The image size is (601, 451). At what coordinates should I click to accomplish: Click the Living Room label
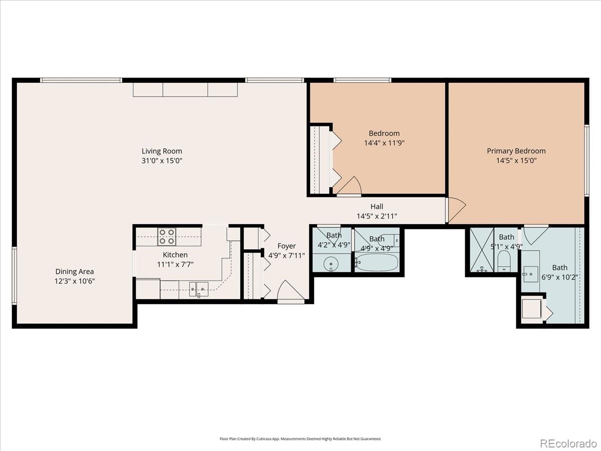[161, 151]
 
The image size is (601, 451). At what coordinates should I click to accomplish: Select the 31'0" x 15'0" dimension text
[161, 161]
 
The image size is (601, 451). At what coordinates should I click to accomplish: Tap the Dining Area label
[75, 272]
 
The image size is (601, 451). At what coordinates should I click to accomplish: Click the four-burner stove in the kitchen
[167, 236]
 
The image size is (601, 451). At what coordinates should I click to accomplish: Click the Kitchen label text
[175, 255]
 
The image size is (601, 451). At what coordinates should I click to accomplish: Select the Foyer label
[286, 246]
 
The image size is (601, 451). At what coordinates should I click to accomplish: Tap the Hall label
[377, 206]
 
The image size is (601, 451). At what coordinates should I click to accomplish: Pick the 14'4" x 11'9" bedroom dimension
[384, 143]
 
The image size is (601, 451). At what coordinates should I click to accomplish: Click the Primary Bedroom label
[516, 151]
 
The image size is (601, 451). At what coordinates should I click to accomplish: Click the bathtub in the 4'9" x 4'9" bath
[377, 262]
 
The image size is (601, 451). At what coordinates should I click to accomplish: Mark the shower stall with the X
[481, 250]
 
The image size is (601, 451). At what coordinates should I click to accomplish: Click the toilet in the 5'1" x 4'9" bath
[504, 261]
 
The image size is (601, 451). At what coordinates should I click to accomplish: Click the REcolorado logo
[567, 443]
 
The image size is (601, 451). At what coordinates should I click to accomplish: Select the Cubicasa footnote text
[300, 438]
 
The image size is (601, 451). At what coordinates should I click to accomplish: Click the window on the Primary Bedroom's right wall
[587, 160]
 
